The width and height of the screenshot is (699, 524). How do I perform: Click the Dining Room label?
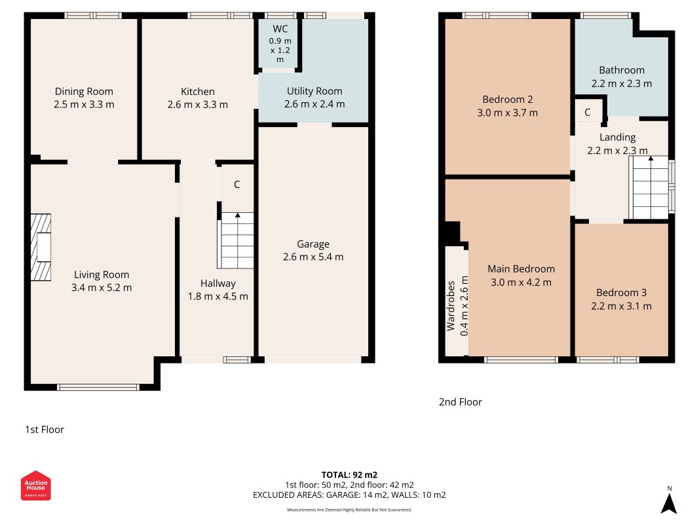click(84, 91)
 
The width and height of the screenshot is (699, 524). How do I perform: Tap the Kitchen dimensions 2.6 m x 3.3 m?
click(197, 105)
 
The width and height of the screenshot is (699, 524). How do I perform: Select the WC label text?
click(280, 29)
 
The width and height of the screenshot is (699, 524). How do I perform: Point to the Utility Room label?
click(314, 91)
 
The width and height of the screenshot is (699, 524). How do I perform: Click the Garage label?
click(313, 244)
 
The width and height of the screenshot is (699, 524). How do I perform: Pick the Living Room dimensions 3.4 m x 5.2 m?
click(102, 288)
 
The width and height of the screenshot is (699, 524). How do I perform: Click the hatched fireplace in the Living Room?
click(41, 248)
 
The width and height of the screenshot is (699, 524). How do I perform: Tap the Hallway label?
click(217, 284)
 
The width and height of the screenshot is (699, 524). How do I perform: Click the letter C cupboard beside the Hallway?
click(237, 185)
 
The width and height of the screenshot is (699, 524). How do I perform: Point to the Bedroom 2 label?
click(507, 100)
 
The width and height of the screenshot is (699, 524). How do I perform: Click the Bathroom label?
click(622, 70)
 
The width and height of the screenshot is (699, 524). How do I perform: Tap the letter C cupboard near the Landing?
click(588, 112)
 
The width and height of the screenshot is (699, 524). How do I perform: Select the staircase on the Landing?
click(651, 187)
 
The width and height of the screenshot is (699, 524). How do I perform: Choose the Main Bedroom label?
click(521, 269)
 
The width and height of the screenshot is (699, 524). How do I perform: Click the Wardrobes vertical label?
click(451, 306)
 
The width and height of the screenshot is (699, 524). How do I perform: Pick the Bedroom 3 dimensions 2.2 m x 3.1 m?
click(622, 306)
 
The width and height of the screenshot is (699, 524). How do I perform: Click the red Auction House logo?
click(35, 485)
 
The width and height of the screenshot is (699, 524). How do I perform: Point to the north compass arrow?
click(669, 504)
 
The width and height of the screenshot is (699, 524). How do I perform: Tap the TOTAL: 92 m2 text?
click(350, 475)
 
